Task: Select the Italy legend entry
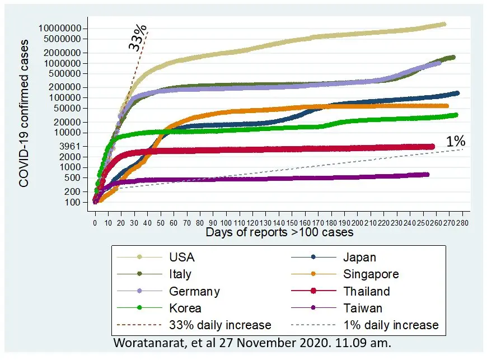click(180, 274)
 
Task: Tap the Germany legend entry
click(194, 291)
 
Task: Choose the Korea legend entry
click(185, 308)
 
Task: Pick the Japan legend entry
click(359, 258)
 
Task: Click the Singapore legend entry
click(371, 274)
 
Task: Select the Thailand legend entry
click(367, 291)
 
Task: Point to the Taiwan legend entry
click(362, 308)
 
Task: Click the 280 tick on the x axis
click(462, 222)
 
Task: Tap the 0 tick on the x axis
click(95, 222)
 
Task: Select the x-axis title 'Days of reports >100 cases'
click(279, 232)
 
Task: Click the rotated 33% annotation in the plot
click(137, 38)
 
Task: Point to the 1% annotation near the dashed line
click(456, 142)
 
